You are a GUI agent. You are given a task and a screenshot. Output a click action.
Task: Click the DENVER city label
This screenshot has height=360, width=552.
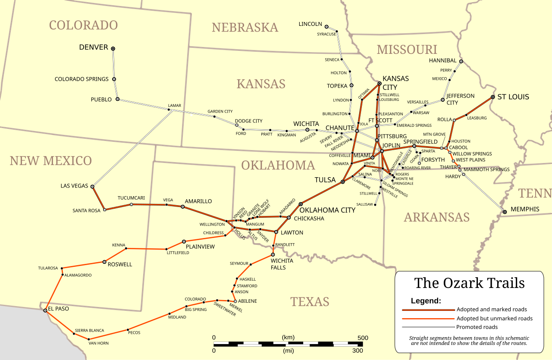[x=94, y=47]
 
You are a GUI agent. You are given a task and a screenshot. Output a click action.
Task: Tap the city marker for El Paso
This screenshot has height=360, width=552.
[x=45, y=310]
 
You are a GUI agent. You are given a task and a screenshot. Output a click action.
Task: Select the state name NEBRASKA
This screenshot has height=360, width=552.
[x=245, y=28]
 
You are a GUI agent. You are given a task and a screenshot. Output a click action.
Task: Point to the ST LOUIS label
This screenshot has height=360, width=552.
[x=513, y=97]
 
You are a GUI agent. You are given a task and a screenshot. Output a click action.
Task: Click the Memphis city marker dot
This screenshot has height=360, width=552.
[x=504, y=212]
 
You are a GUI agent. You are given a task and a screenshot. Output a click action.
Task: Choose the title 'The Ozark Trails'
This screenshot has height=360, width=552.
[x=469, y=283]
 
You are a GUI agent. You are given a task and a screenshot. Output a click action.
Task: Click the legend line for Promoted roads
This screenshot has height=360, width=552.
[x=428, y=327]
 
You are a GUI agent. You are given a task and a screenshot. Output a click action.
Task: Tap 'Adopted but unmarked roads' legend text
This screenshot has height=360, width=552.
[x=494, y=319]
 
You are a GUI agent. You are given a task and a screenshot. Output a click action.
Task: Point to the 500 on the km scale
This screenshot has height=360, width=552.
[x=363, y=338]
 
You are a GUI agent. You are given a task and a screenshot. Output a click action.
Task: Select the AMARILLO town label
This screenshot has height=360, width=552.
[x=198, y=201]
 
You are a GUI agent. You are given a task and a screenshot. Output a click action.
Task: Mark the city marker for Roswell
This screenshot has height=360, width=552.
[x=104, y=262]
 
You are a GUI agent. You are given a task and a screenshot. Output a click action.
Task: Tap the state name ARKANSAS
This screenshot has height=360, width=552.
[x=436, y=217]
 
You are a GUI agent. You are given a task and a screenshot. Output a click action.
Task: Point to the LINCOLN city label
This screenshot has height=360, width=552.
[x=310, y=24]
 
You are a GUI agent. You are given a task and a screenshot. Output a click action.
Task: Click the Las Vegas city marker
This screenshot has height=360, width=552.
[x=92, y=186]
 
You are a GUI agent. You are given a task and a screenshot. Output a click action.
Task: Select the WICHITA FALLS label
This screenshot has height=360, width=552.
[x=282, y=264]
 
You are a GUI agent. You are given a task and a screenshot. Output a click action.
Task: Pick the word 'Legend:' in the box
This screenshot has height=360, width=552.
[x=426, y=301]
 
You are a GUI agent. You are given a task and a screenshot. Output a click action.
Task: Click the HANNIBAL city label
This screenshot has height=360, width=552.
[x=442, y=61]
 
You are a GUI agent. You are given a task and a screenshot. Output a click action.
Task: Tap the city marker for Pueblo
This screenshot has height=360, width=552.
[x=117, y=99]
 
